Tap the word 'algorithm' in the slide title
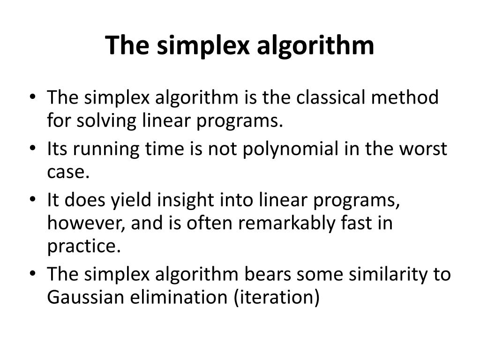(x=315, y=46)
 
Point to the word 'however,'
(x=86, y=224)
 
